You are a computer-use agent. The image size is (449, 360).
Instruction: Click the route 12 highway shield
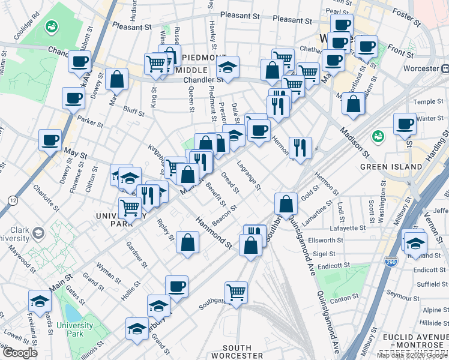(x=12, y=199)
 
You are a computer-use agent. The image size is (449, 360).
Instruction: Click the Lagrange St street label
(x=248, y=175)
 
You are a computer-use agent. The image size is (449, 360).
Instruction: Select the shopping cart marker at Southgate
(x=237, y=293)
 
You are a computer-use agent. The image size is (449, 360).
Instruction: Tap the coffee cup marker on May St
(x=50, y=140)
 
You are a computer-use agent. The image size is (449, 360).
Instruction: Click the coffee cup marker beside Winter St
(x=405, y=124)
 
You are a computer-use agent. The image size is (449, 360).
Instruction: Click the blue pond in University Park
(x=72, y=313)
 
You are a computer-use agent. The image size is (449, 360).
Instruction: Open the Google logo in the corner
(x=20, y=352)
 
